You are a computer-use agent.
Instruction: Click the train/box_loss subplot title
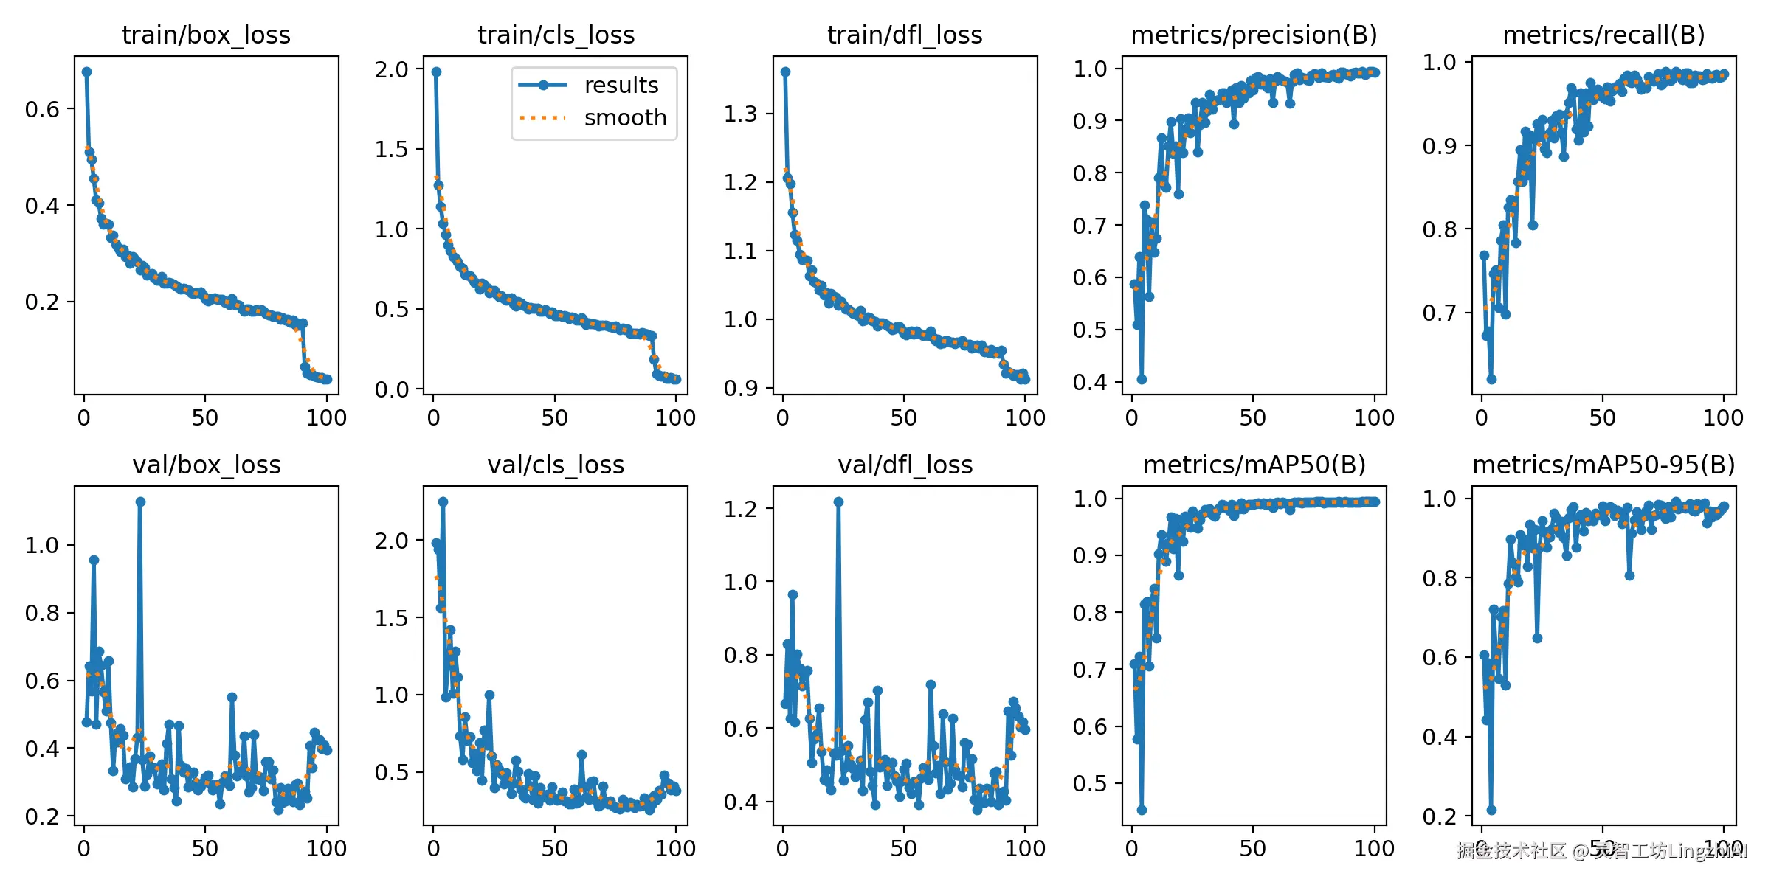click(206, 35)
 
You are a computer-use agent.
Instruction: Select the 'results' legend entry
click(621, 86)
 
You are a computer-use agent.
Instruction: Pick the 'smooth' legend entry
click(625, 118)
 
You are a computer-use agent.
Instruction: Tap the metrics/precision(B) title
click(1254, 35)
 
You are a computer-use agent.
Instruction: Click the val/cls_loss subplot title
click(556, 465)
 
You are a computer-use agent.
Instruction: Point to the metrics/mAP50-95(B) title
click(1603, 465)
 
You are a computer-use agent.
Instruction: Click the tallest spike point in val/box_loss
click(140, 502)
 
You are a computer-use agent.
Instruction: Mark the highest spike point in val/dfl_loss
click(838, 502)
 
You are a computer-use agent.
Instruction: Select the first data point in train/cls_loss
click(436, 72)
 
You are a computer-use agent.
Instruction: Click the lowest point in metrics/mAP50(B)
click(1142, 810)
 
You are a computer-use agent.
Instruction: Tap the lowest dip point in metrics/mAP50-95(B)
click(1491, 810)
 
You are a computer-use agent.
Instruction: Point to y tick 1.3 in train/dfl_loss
click(740, 114)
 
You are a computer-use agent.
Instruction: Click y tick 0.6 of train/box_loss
click(42, 109)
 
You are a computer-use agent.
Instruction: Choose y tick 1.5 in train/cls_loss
click(391, 150)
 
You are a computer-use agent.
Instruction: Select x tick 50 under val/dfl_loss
click(903, 849)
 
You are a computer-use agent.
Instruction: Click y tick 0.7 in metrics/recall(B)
click(1439, 313)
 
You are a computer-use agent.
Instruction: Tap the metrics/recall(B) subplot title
click(1603, 35)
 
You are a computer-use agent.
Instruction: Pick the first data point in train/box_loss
click(86, 72)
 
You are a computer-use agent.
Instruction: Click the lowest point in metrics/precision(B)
click(1142, 379)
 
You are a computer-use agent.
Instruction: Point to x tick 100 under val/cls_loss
click(675, 849)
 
